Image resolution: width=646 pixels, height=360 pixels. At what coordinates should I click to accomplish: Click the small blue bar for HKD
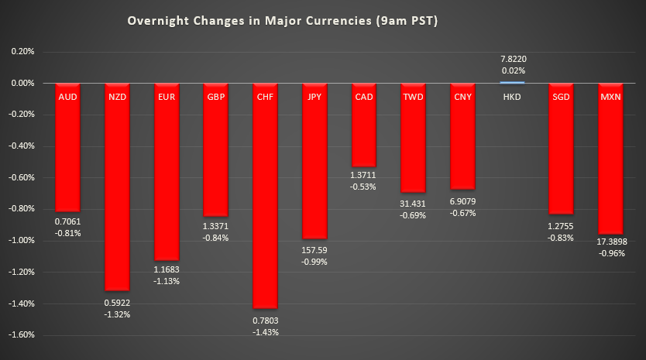pos(512,81)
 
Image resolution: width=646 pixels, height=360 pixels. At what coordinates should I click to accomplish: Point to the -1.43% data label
pos(266,332)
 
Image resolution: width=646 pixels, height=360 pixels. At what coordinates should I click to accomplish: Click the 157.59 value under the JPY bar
pos(315,250)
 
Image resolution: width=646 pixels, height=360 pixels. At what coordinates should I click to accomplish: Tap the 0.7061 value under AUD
pos(67,221)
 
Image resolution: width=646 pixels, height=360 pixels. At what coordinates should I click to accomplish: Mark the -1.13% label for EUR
pos(167,281)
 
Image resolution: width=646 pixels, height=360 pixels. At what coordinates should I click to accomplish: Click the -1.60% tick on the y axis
pos(21,335)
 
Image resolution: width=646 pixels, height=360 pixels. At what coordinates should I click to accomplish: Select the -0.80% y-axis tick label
pos(21,209)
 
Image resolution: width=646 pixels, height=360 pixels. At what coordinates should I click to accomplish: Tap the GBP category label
pos(216,97)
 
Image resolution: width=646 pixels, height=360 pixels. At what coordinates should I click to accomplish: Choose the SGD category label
pos(561,97)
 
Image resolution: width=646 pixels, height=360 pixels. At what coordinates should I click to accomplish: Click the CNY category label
pos(462,97)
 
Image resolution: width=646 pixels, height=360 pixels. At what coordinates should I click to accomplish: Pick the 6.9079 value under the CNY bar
pos(463,201)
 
